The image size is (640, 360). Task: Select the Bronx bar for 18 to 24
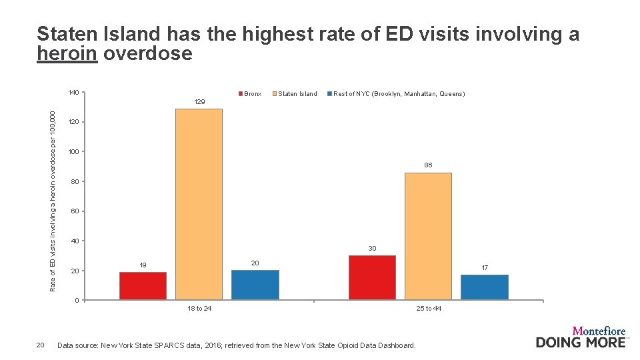(143, 286)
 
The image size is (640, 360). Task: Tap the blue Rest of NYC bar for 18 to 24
(255, 285)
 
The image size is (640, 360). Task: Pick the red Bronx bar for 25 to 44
(372, 277)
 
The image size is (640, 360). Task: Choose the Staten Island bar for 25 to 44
(428, 236)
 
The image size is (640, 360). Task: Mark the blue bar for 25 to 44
(484, 287)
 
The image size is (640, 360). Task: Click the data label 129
(199, 102)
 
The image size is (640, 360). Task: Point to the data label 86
(428, 165)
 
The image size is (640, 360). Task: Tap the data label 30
(372, 248)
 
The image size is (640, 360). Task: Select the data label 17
(485, 267)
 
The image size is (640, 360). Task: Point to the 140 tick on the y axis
(73, 93)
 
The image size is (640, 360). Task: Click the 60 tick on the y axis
(75, 211)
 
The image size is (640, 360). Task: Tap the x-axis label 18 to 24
(199, 309)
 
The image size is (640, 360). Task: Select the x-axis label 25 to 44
(429, 309)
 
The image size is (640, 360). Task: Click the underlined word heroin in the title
(68, 54)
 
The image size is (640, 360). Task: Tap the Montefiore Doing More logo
(581, 337)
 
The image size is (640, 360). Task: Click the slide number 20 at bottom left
(40, 345)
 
